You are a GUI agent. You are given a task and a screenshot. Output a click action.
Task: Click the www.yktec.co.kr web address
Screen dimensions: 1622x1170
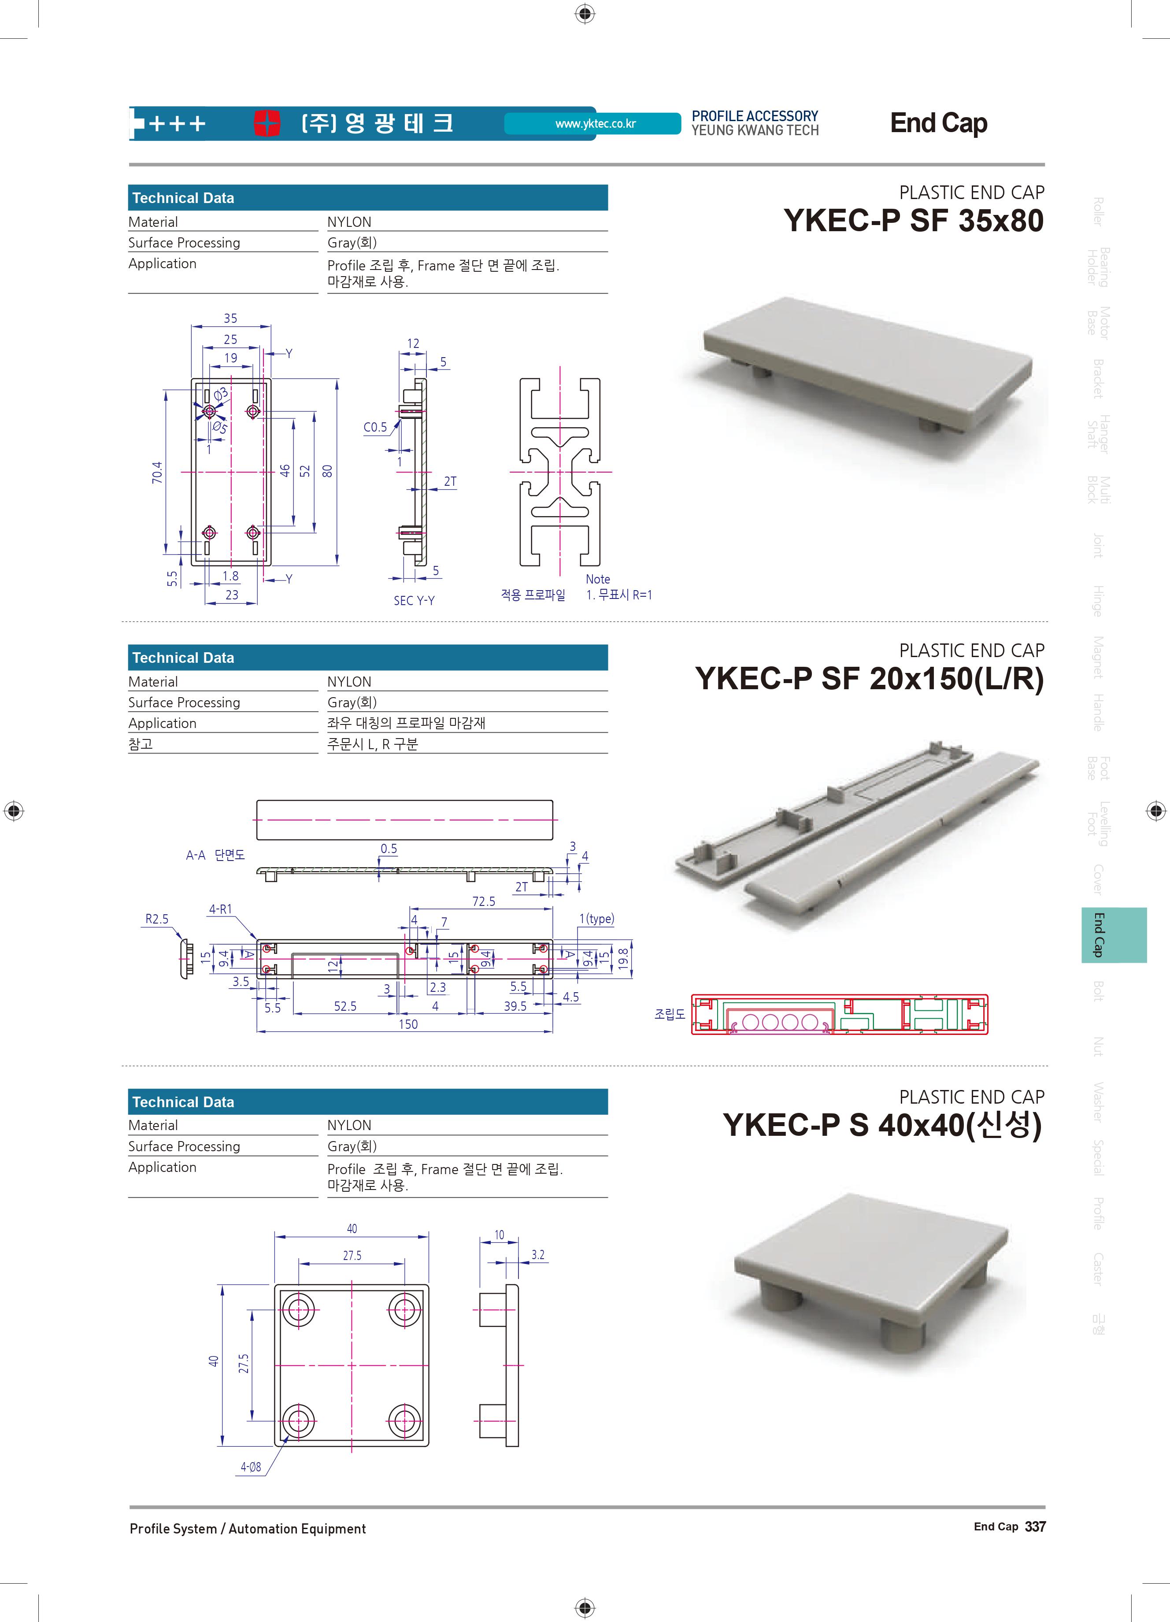[x=595, y=124]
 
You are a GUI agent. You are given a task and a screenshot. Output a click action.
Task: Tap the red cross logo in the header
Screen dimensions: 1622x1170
[x=267, y=123]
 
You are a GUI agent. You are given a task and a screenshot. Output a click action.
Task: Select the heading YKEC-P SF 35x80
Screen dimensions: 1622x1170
[x=913, y=220]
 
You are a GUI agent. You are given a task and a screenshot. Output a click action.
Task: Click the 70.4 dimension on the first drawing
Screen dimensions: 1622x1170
[x=157, y=472]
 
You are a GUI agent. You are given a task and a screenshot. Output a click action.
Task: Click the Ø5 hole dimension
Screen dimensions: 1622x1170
[x=219, y=428]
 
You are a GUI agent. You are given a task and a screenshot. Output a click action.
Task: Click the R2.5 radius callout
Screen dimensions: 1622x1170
[x=157, y=919]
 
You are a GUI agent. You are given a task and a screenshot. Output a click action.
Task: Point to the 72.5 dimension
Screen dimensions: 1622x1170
[x=483, y=901]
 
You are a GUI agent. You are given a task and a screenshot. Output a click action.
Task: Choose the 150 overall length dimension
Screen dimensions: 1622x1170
[x=408, y=1024]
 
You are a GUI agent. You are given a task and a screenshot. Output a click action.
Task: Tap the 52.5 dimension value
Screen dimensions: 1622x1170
[x=345, y=1006]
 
